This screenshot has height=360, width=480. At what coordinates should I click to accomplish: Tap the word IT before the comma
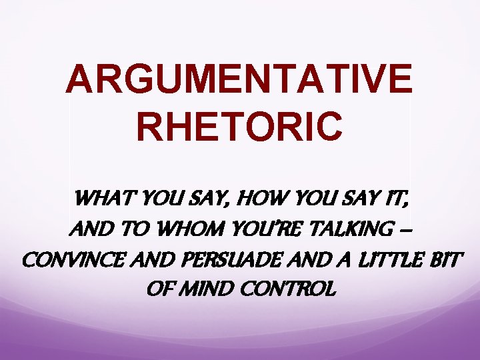(387, 199)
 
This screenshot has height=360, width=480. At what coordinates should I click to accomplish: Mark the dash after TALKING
(407, 230)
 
